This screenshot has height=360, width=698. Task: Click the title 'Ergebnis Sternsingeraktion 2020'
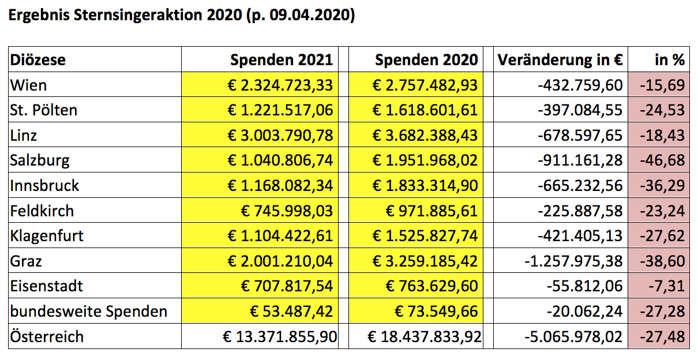pyautogui.click(x=121, y=16)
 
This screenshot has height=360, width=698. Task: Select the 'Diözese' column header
pyautogui.click(x=37, y=60)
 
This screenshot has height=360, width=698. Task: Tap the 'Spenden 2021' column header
pyautogui.click(x=281, y=60)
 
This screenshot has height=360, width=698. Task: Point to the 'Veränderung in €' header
pyautogui.click(x=560, y=60)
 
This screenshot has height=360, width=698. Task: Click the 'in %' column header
pyautogui.click(x=669, y=60)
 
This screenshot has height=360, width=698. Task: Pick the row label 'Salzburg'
pyautogui.click(x=39, y=160)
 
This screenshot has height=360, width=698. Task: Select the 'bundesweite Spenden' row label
pyautogui.click(x=88, y=312)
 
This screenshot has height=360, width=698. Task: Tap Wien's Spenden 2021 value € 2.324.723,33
pyautogui.click(x=280, y=85)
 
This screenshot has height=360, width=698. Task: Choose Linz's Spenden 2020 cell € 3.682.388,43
pyautogui.click(x=425, y=136)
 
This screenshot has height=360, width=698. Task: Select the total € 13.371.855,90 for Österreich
pyautogui.click(x=281, y=336)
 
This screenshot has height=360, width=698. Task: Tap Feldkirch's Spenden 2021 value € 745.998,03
pyautogui.click(x=287, y=211)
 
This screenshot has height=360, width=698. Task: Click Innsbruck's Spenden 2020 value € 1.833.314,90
pyautogui.click(x=425, y=186)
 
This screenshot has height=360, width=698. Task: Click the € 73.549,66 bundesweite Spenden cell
pyautogui.click(x=436, y=312)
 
